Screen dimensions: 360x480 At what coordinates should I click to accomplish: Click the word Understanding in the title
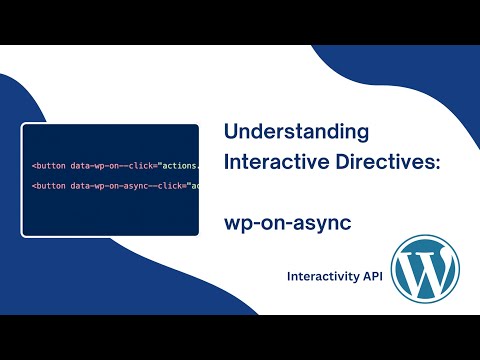(295, 132)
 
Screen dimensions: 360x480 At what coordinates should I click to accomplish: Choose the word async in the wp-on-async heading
(327, 222)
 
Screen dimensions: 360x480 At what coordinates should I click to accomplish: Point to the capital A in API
(355, 275)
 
